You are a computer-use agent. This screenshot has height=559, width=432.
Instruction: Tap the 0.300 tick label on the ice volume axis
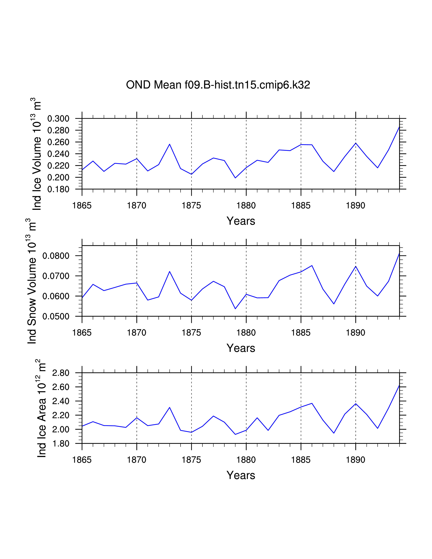point(58,119)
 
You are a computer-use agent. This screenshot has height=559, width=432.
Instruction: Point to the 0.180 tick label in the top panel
point(58,189)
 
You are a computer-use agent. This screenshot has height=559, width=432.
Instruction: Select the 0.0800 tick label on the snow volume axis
point(56,256)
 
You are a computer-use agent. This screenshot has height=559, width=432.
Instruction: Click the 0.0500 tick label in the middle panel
point(56,317)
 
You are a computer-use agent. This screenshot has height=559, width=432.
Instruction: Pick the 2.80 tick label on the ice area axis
point(61,373)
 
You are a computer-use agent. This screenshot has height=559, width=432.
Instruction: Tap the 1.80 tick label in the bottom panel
point(61,444)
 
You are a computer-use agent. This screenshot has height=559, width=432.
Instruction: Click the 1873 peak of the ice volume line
point(170,144)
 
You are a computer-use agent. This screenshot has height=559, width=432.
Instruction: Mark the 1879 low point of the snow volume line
point(235,309)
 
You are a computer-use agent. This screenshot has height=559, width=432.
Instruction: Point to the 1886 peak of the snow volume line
point(312,265)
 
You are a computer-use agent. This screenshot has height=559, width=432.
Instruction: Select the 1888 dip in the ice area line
point(334,433)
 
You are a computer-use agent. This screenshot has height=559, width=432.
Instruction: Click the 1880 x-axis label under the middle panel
point(246,333)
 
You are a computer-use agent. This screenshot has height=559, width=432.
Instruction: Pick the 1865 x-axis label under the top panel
point(82,205)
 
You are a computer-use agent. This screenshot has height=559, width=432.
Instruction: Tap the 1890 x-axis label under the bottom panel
point(355,460)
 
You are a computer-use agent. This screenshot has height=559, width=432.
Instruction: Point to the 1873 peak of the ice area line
point(170,407)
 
